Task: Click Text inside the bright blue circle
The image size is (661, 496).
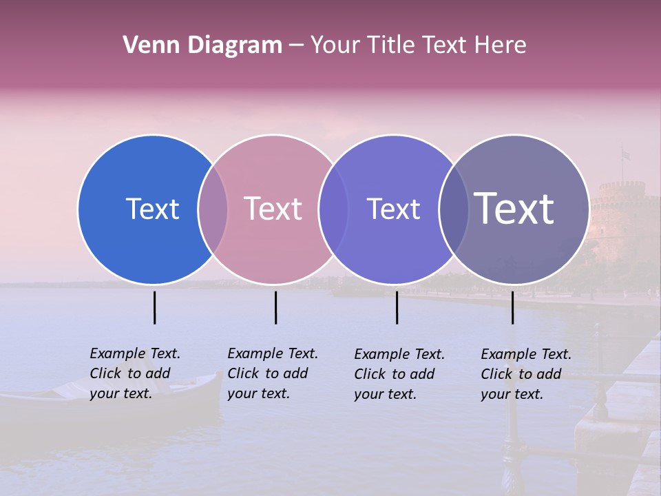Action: [152, 209]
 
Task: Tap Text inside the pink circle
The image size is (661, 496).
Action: [273, 209]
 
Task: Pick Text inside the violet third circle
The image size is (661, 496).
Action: [393, 209]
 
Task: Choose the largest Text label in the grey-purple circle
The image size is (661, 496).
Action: [514, 209]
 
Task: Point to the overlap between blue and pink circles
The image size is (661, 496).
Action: [213, 209]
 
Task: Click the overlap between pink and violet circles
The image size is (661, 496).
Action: [333, 209]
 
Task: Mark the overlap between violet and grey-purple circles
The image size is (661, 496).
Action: [454, 209]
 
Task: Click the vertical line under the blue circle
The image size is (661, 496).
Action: [154, 307]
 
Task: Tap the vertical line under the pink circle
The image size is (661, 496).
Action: [275, 307]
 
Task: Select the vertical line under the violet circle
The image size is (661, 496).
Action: [397, 307]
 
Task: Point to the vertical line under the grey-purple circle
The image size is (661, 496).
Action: [512, 307]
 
